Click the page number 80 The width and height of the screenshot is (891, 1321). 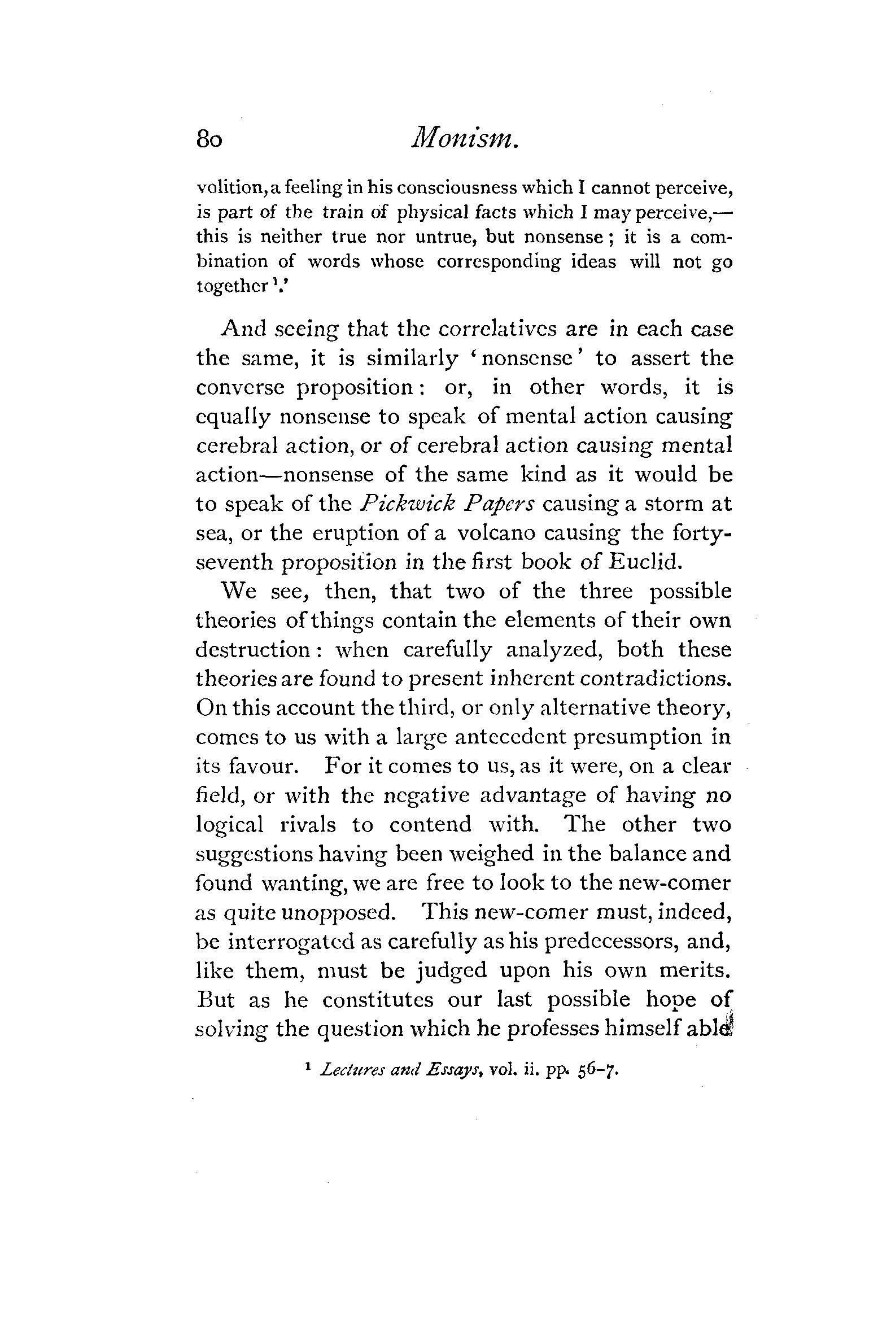209,139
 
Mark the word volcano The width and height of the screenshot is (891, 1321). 497,533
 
